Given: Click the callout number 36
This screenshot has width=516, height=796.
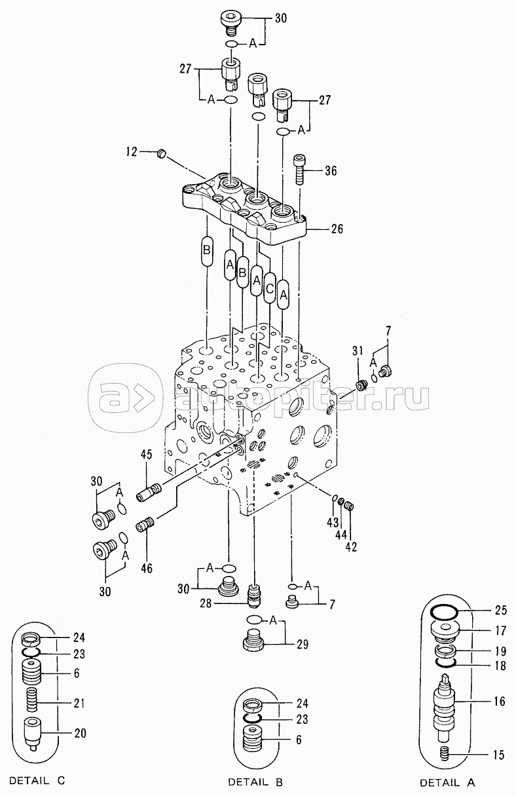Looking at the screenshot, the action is tap(330, 171).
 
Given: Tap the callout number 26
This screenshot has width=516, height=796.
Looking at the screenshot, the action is tap(337, 229).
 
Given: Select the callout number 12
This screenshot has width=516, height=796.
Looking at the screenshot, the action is tap(132, 152).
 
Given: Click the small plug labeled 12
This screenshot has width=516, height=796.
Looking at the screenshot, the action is tap(162, 154).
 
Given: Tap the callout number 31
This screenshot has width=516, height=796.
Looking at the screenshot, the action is tap(358, 351).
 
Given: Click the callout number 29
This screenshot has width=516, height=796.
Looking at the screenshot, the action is tap(303, 644).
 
